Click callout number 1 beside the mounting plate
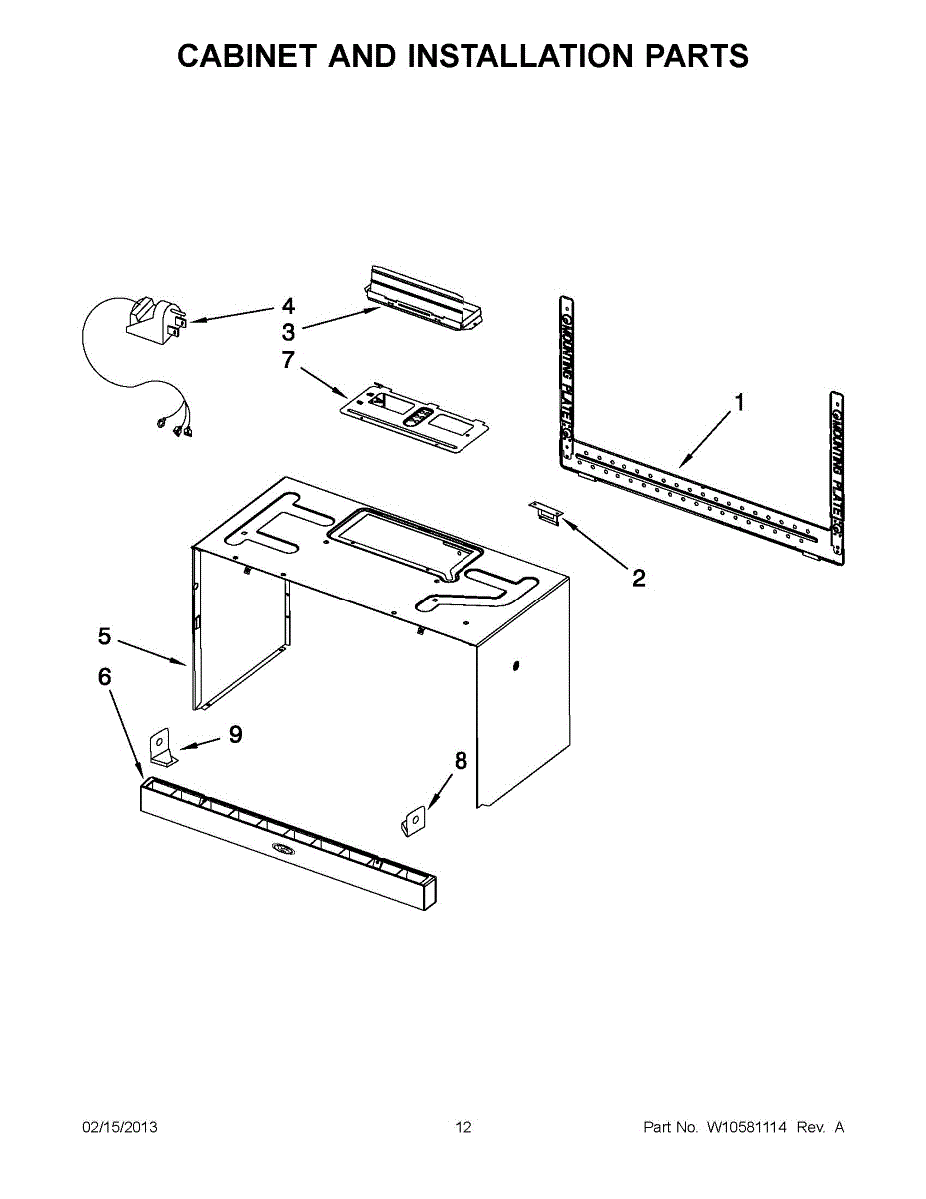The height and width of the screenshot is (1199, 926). click(739, 402)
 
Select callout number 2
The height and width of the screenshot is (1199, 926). click(638, 577)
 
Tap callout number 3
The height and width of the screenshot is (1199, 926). click(288, 332)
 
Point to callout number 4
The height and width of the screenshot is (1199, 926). click(288, 306)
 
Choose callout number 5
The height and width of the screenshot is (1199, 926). click(104, 635)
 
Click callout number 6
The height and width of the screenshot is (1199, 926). click(104, 677)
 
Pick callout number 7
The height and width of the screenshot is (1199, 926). click(288, 360)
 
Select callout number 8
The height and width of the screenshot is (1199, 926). click(461, 761)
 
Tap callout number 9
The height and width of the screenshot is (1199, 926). click(235, 735)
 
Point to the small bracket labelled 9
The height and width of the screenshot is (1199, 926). click(163, 748)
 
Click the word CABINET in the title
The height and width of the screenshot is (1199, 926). click(244, 56)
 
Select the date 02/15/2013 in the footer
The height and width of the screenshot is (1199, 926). click(120, 1128)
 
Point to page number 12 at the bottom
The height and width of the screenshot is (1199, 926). click(463, 1128)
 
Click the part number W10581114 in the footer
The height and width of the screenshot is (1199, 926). click(747, 1128)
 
